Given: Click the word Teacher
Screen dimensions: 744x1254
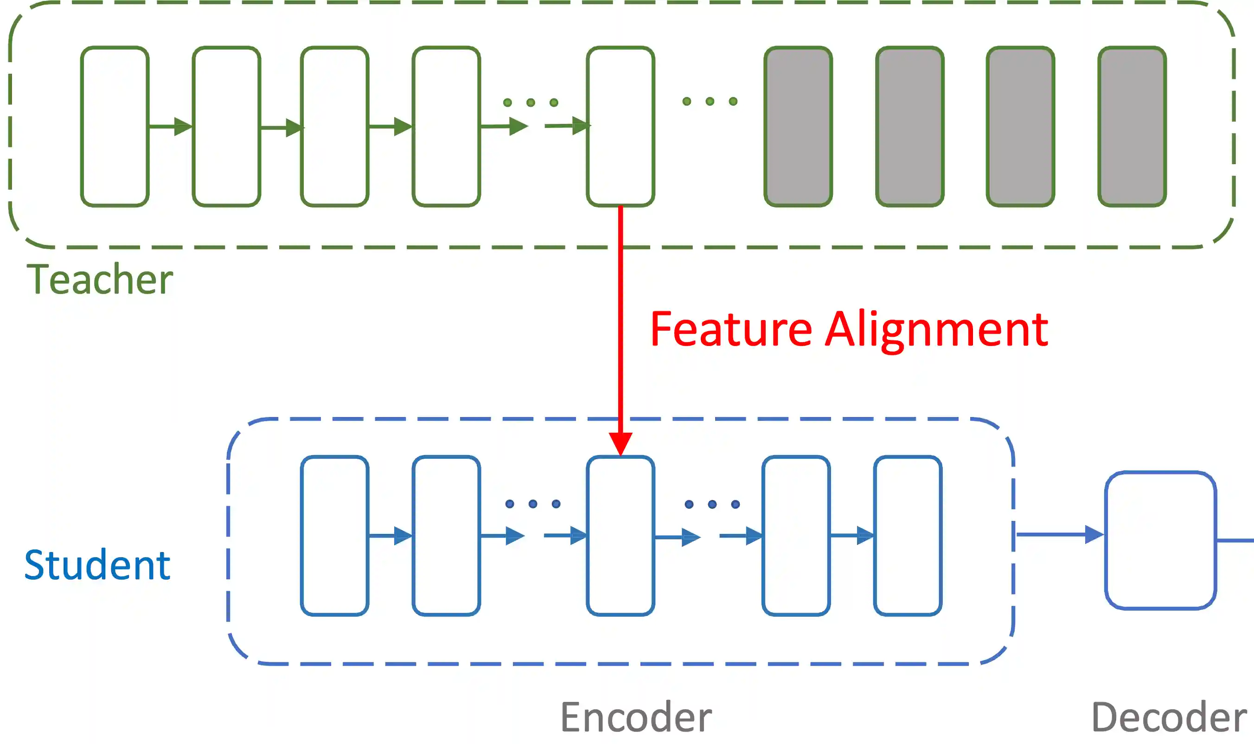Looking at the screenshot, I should tap(100, 279).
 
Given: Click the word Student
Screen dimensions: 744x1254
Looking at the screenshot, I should tap(97, 565).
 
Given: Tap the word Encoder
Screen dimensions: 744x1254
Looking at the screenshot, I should tap(635, 718).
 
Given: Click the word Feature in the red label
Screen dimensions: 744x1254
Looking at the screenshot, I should tap(731, 329).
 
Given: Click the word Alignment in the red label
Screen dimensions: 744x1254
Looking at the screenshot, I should tap(936, 329).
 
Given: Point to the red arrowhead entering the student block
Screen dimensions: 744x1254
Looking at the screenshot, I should tap(621, 443).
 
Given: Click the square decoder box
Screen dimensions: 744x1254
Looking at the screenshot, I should tap(1160, 540).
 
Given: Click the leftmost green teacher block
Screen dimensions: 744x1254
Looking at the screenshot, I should tap(115, 126).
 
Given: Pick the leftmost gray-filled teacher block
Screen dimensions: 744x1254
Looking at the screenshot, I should tap(798, 126).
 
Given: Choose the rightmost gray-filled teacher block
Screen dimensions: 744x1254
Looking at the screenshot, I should tap(1132, 126).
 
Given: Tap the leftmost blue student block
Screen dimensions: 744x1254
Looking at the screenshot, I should tap(334, 535).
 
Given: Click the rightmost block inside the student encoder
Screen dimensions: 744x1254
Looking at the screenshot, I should tap(908, 535).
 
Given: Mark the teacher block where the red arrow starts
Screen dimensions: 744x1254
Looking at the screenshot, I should tap(621, 126).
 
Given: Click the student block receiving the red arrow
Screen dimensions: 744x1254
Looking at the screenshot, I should tap(621, 535).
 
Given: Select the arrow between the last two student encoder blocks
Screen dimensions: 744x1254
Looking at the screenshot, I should tap(852, 535).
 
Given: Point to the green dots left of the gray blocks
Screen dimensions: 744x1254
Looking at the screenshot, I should tap(710, 102).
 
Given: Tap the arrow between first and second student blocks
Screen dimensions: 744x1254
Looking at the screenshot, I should tap(390, 535).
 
